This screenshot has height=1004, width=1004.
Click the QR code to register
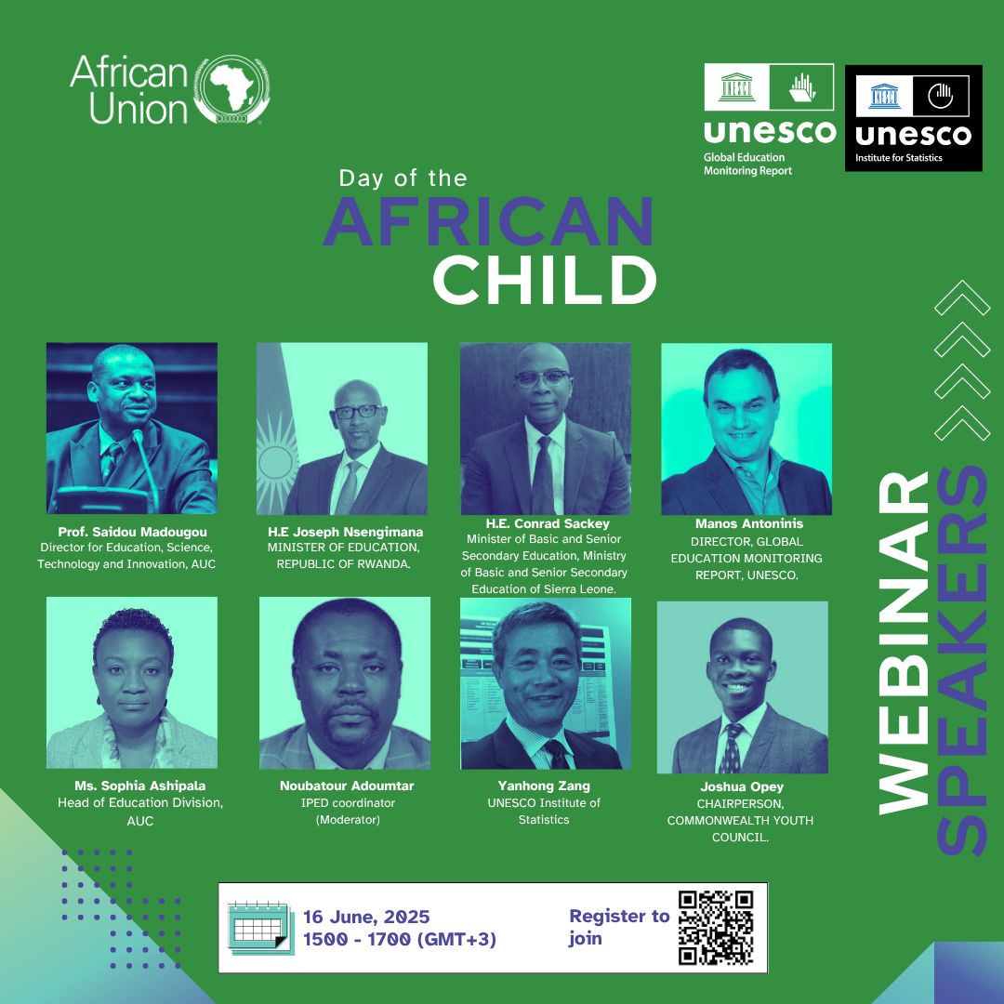tap(716, 927)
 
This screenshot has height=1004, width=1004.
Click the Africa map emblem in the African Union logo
tap(231, 89)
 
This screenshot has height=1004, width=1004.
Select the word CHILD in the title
tap(544, 280)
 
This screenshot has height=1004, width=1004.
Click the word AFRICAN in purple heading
tap(489, 221)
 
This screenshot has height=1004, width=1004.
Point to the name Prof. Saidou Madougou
tap(133, 532)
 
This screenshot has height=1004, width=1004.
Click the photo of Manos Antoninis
tap(746, 429)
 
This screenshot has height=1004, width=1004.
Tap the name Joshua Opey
tap(742, 786)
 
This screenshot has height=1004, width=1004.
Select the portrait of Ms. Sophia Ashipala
tap(132, 682)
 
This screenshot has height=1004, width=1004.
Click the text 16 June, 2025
tap(366, 917)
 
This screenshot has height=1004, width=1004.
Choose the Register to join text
tap(619, 927)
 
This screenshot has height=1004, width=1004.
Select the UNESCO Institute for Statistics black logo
tap(914, 118)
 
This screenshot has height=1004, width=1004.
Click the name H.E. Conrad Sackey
tap(548, 523)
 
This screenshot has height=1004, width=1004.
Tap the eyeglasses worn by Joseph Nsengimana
tap(357, 411)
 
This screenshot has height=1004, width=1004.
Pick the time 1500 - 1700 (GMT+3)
tap(400, 939)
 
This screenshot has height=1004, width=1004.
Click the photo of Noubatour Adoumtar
tap(345, 683)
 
